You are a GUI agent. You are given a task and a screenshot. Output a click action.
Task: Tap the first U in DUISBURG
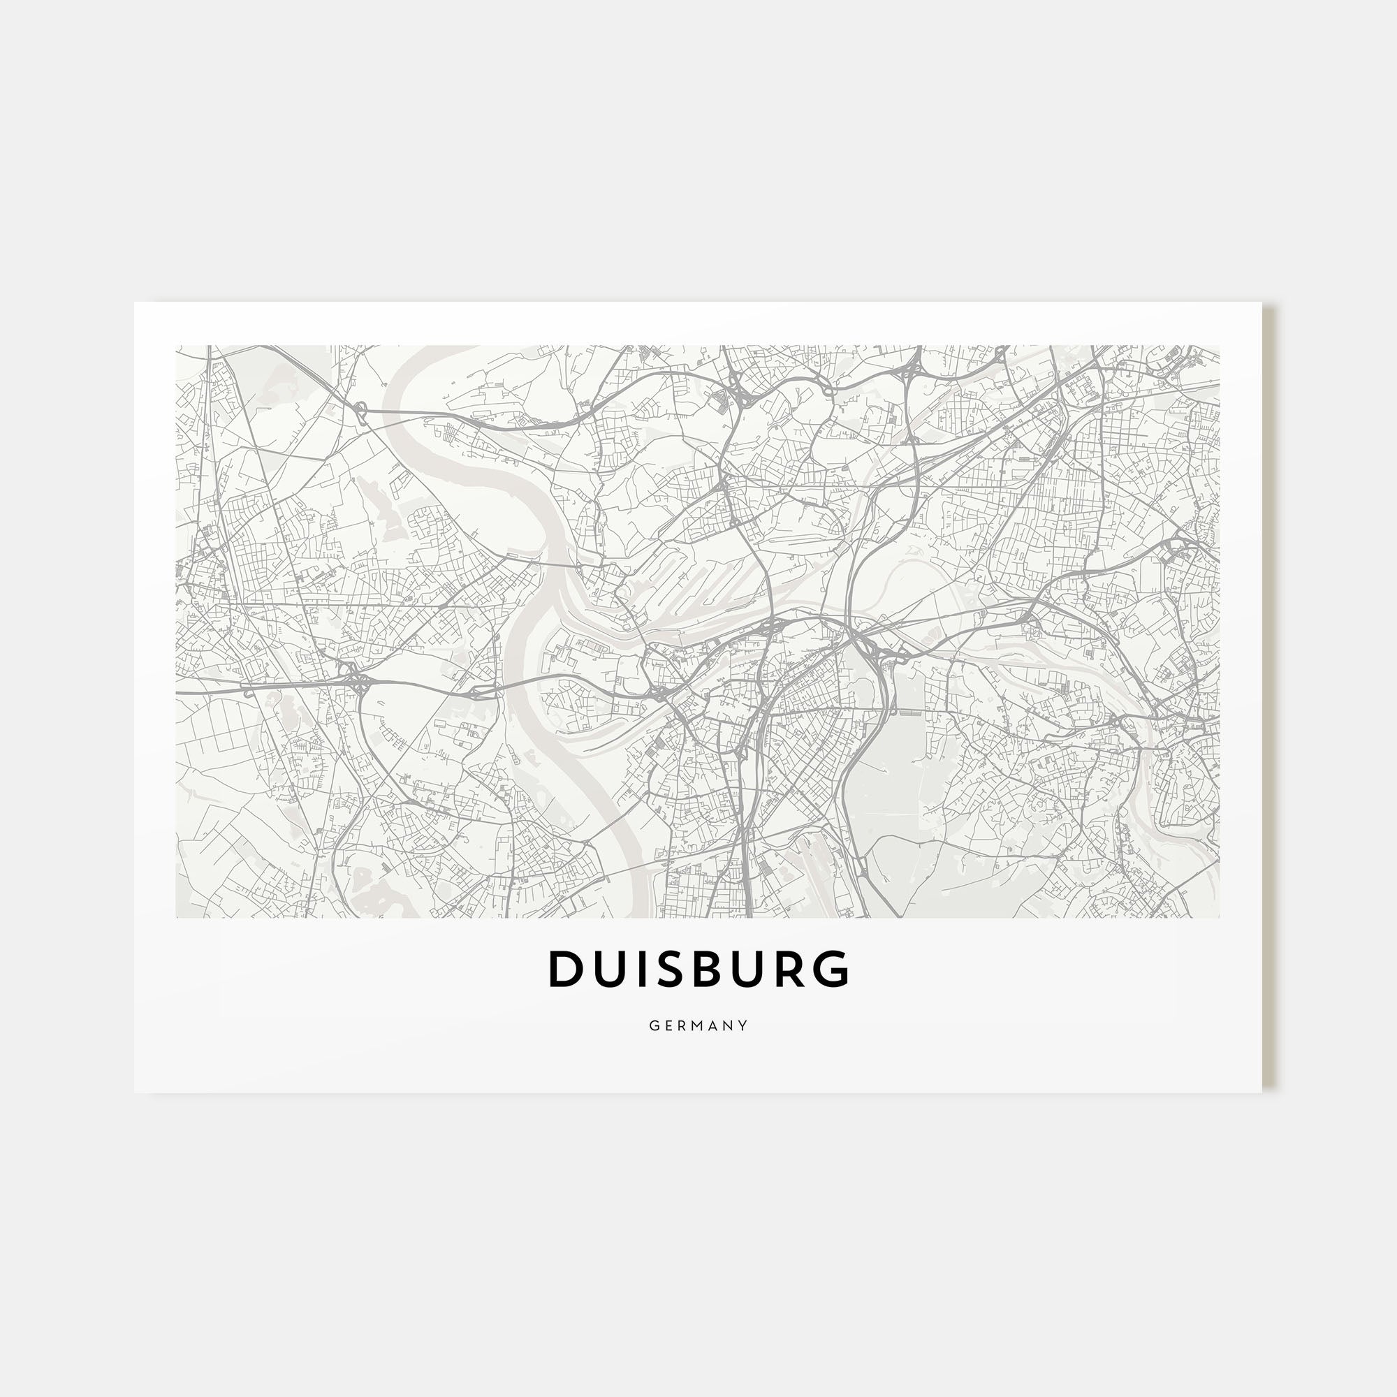(x=608, y=970)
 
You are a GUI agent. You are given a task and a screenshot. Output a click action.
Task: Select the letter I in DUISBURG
(x=639, y=970)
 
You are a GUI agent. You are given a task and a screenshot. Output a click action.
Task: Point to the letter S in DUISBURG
(x=669, y=970)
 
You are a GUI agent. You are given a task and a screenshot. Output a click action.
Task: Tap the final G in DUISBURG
(x=833, y=970)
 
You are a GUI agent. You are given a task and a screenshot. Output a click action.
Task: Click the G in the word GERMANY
(x=653, y=1025)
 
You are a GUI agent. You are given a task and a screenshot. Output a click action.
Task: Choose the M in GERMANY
(x=698, y=1025)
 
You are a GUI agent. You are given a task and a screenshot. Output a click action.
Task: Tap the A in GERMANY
(x=715, y=1025)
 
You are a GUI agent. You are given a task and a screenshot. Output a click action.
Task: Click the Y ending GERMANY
(x=744, y=1025)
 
